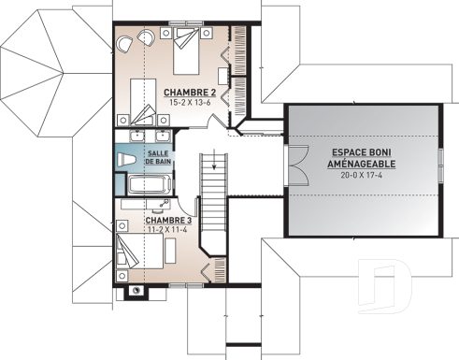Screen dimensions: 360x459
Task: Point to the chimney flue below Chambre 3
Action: point(137,290)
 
